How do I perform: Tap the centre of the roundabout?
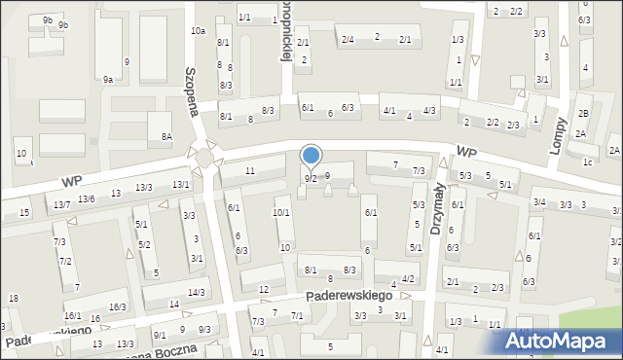[203, 157]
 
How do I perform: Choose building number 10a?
[198, 31]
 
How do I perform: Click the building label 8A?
[166, 137]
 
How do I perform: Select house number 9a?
[108, 80]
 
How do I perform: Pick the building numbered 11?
[250, 171]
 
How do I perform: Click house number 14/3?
[196, 293]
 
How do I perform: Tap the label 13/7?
[61, 204]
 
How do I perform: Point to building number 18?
[13, 298]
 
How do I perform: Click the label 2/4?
[348, 39]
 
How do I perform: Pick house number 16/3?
[118, 307]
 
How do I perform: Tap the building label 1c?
[587, 162]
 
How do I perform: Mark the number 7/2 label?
[65, 262]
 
